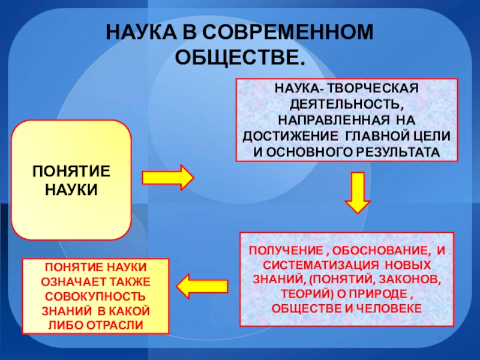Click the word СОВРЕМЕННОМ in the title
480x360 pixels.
click(290, 32)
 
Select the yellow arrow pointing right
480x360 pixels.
click(167, 178)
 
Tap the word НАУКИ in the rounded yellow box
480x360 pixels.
click(71, 189)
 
